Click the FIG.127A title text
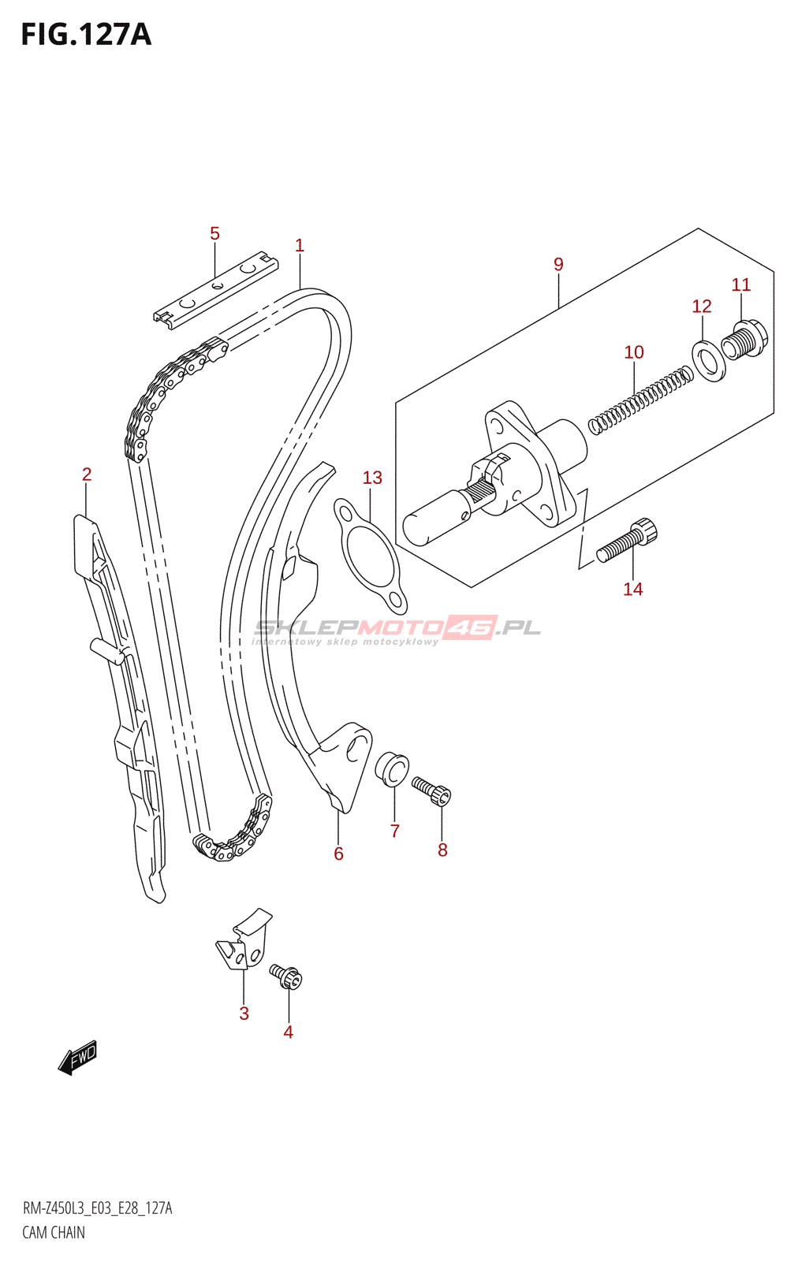(86, 35)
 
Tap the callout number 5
(214, 234)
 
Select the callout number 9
(558, 265)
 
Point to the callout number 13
(372, 478)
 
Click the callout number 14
(632, 590)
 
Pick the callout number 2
(87, 474)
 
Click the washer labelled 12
(709, 361)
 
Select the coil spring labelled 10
(641, 400)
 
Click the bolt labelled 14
(627, 541)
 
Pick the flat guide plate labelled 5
(215, 288)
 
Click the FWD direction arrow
(78, 1058)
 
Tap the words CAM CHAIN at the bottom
(54, 1233)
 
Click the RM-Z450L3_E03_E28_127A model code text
(97, 1209)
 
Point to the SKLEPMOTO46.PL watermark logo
(397, 629)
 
